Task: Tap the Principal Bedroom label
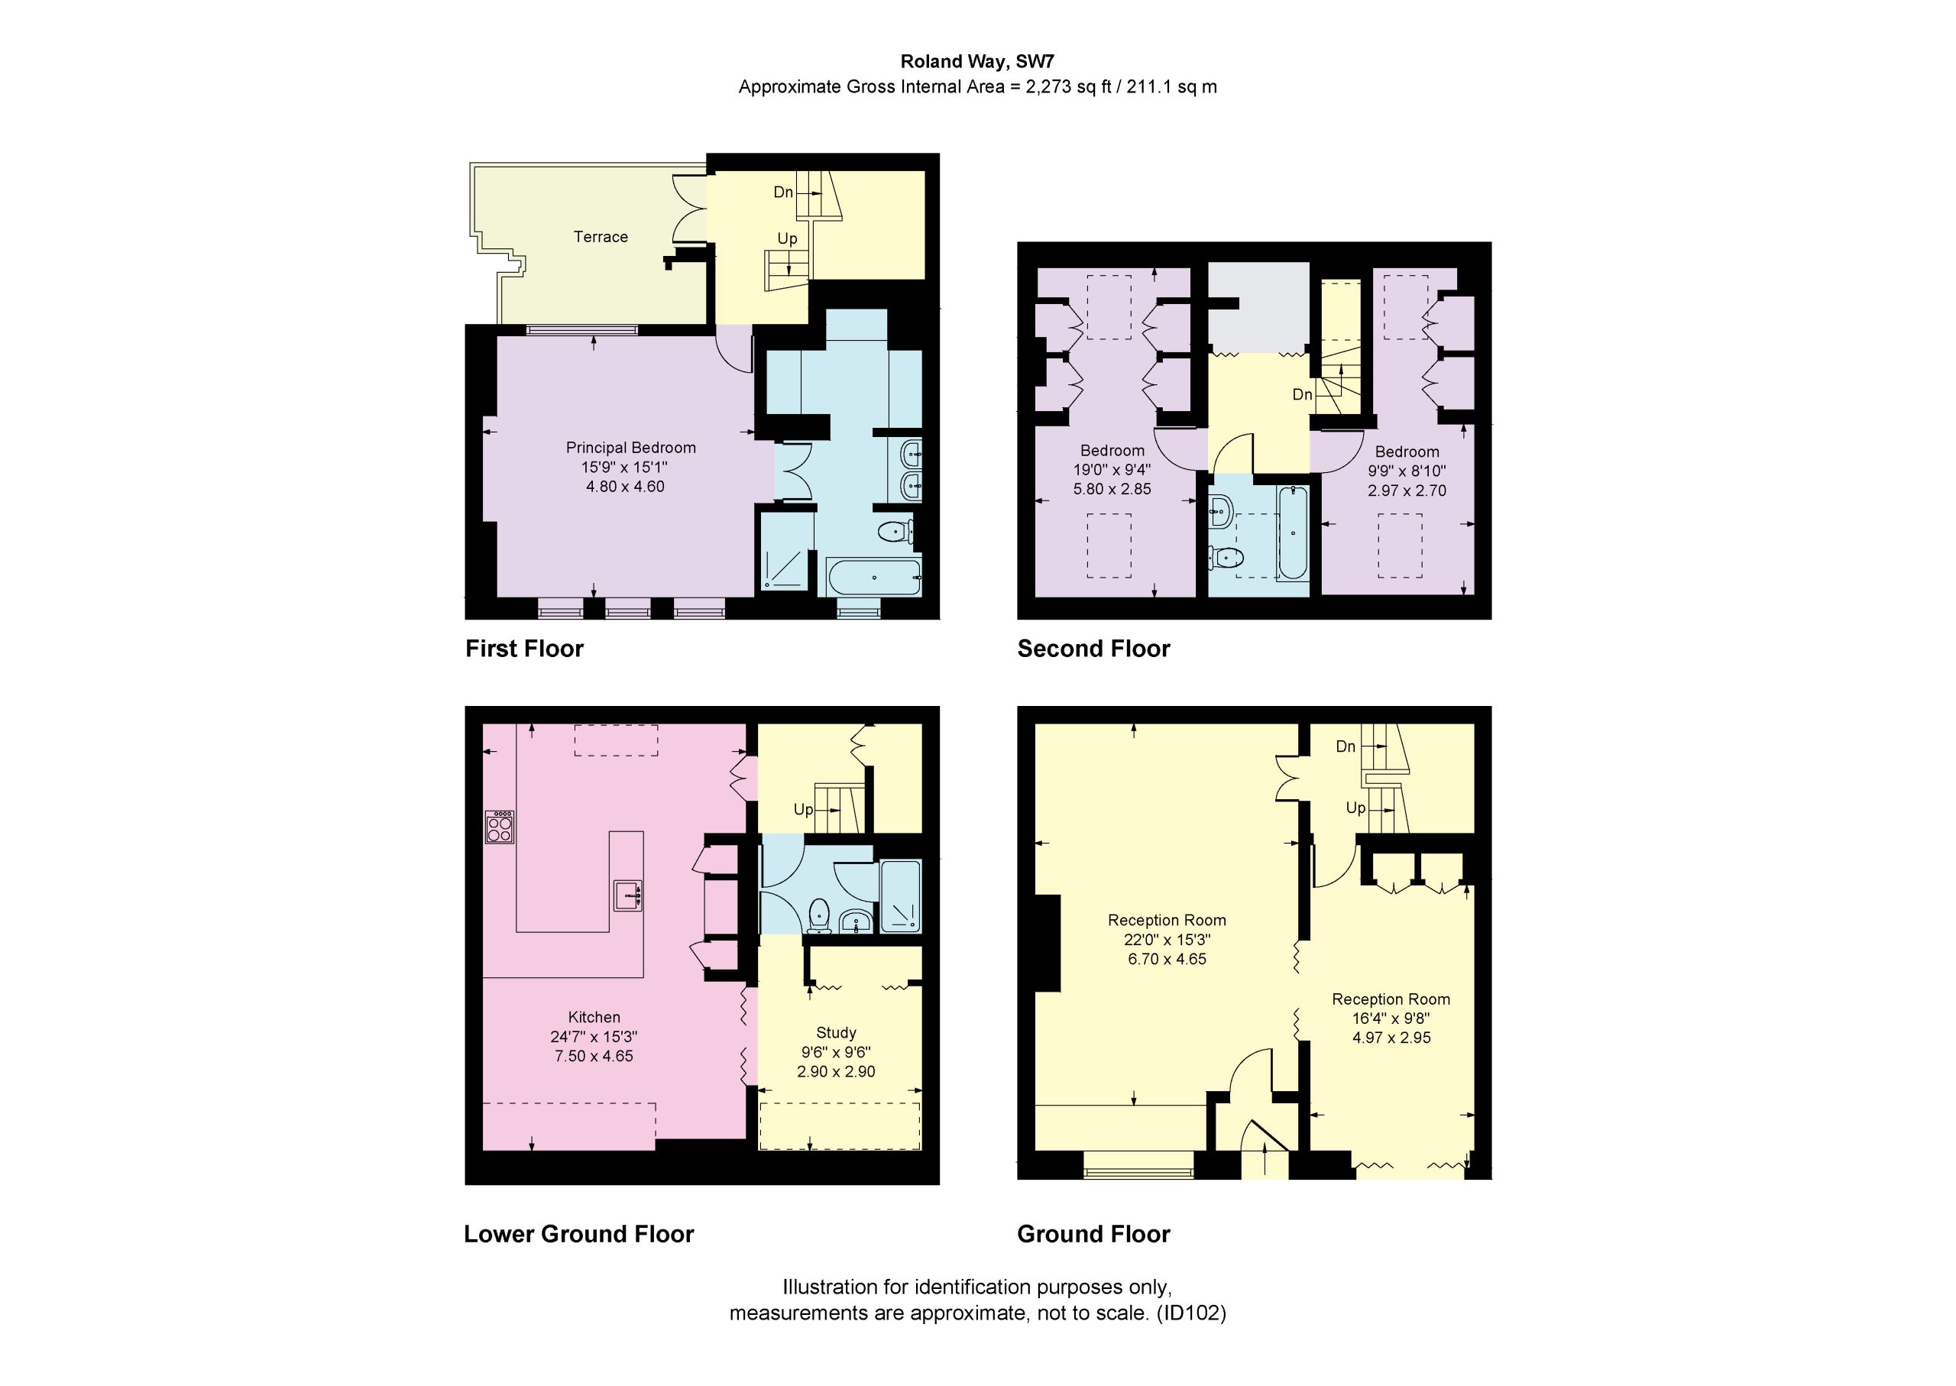[x=630, y=448]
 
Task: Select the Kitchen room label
[x=594, y=1017]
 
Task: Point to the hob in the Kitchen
[x=499, y=827]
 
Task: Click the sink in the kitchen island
[x=627, y=895]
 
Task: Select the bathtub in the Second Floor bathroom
[x=1293, y=533]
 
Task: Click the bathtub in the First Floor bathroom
[x=874, y=577]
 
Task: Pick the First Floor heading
[x=524, y=649]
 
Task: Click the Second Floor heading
[x=1093, y=649]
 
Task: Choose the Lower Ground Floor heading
[x=578, y=1234]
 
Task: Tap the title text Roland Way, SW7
[x=977, y=61]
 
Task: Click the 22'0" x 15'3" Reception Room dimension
[x=1167, y=940]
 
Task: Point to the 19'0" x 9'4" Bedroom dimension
[x=1112, y=470]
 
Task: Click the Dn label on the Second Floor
[x=1302, y=394]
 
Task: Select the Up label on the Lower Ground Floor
[x=803, y=809]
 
